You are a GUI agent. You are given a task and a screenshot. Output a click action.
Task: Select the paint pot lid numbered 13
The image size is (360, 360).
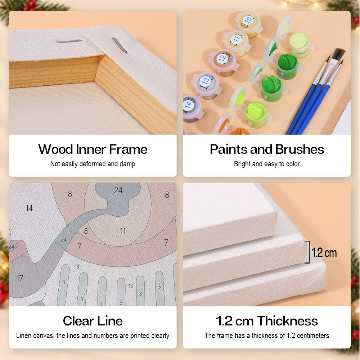tap(205, 81)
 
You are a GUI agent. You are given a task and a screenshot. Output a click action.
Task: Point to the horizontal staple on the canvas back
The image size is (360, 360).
tap(69, 41)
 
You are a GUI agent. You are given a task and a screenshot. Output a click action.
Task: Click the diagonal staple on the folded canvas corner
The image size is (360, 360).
tap(120, 45)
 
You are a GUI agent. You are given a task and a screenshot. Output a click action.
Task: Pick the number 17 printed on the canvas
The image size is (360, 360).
tap(20, 279)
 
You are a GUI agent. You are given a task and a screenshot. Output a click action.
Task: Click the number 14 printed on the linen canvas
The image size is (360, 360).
tap(29, 208)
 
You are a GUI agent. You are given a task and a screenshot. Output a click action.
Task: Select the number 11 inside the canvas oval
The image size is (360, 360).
tap(123, 231)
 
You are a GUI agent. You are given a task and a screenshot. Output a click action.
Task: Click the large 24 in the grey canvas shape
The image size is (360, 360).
tap(118, 190)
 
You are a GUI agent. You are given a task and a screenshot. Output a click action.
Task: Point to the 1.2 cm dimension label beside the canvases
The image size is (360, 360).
tap(324, 253)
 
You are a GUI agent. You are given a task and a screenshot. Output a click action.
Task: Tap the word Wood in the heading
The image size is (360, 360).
tap(55, 149)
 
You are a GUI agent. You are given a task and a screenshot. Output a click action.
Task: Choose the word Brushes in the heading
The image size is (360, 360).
tap(300, 149)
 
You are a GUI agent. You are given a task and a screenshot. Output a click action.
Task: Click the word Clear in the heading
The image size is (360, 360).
tap(78, 321)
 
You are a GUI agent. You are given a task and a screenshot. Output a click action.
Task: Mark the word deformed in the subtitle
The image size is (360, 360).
tap(93, 164)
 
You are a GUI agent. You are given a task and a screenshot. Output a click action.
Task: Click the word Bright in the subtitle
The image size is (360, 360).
tap(242, 164)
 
